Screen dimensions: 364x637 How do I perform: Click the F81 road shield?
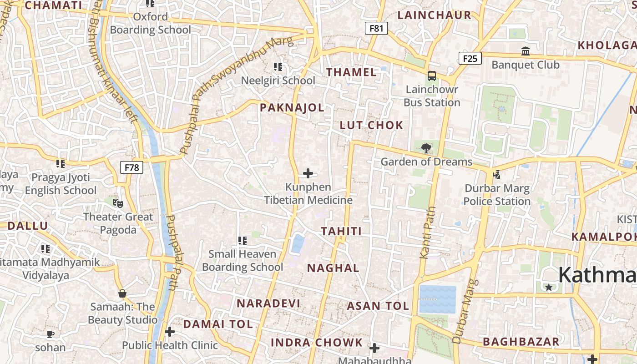pyautogui.click(x=376, y=28)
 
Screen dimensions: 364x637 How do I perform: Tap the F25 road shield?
pyautogui.click(x=470, y=58)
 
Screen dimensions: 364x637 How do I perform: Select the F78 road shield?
pyautogui.click(x=131, y=167)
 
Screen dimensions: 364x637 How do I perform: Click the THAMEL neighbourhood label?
pyautogui.click(x=351, y=72)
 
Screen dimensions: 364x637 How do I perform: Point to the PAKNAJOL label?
pyautogui.click(x=292, y=108)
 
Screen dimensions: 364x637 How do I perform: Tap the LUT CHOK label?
pyautogui.click(x=371, y=126)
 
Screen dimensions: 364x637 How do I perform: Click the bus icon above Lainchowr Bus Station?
pyautogui.click(x=431, y=76)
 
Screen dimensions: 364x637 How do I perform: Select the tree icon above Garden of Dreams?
pyautogui.click(x=426, y=148)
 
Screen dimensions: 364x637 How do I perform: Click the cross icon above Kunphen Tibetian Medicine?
pyautogui.click(x=308, y=173)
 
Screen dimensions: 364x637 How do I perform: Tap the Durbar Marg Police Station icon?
pyautogui.click(x=496, y=174)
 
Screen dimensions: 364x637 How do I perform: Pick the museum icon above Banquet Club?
pyautogui.click(x=526, y=51)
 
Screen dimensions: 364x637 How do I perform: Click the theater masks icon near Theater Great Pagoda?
pyautogui.click(x=117, y=203)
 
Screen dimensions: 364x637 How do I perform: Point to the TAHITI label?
pyautogui.click(x=341, y=232)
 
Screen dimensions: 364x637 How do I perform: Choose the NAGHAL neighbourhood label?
pyautogui.click(x=333, y=268)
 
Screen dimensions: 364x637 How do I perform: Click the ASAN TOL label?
pyautogui.click(x=378, y=306)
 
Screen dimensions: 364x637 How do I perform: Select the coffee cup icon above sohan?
pyautogui.click(x=51, y=334)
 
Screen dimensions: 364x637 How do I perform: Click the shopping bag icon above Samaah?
pyautogui.click(x=122, y=293)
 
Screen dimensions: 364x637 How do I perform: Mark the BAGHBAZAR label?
pyautogui.click(x=521, y=342)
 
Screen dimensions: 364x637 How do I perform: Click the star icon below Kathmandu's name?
pyautogui.click(x=549, y=287)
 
